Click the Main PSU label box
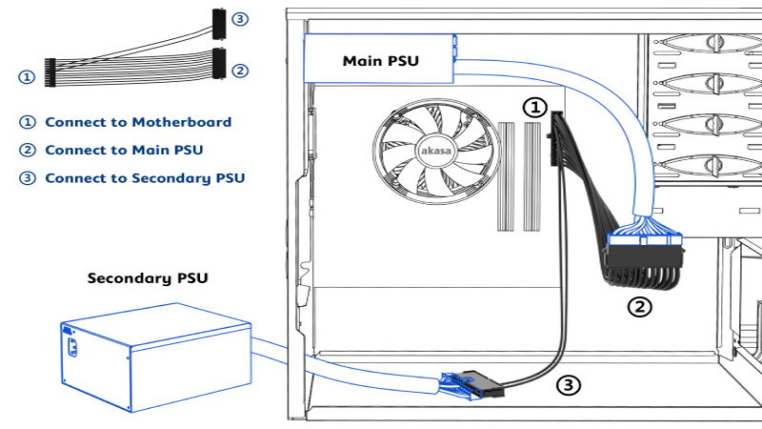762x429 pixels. (x=378, y=61)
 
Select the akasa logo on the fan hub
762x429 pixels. (x=432, y=150)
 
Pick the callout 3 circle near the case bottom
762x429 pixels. (x=568, y=385)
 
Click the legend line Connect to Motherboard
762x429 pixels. (x=127, y=122)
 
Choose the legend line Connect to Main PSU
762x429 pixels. (x=112, y=150)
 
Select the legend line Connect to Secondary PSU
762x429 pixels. (x=133, y=177)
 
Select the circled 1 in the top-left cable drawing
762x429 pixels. (x=27, y=75)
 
